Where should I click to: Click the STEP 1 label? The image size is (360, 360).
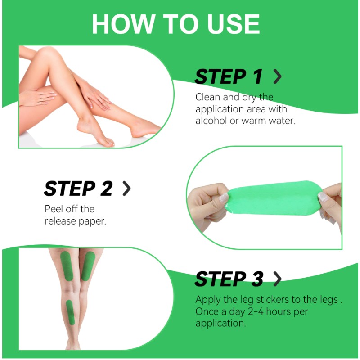coord(228,77)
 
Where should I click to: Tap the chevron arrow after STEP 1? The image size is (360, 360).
coord(278,77)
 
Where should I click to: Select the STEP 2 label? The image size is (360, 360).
coord(78,189)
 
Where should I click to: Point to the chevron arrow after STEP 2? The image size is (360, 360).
coord(127,189)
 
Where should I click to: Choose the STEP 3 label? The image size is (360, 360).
coord(229,279)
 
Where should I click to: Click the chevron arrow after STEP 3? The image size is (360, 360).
coord(278,279)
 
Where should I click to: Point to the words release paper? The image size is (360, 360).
coord(75,221)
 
